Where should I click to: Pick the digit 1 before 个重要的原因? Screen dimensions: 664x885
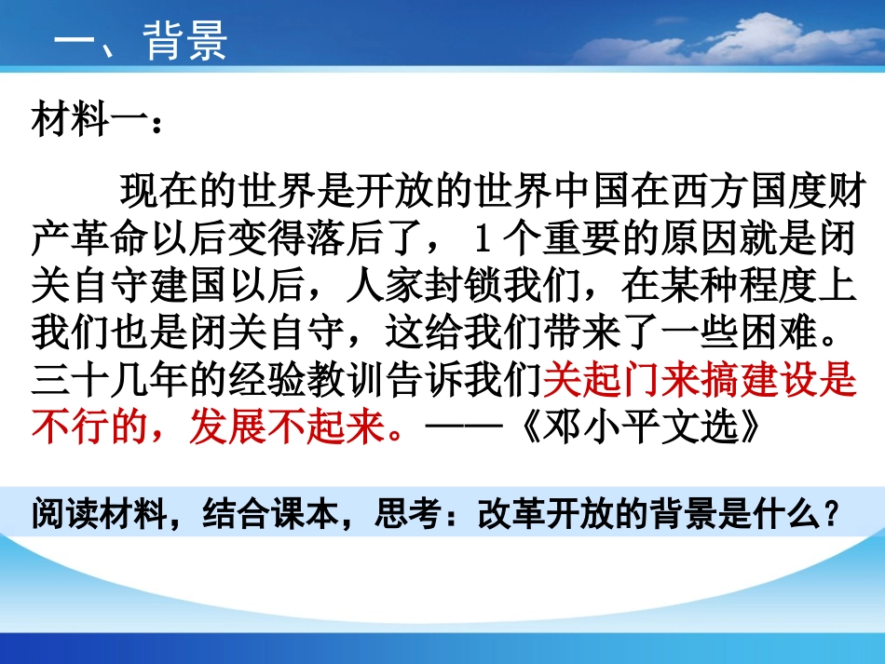click(x=482, y=242)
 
